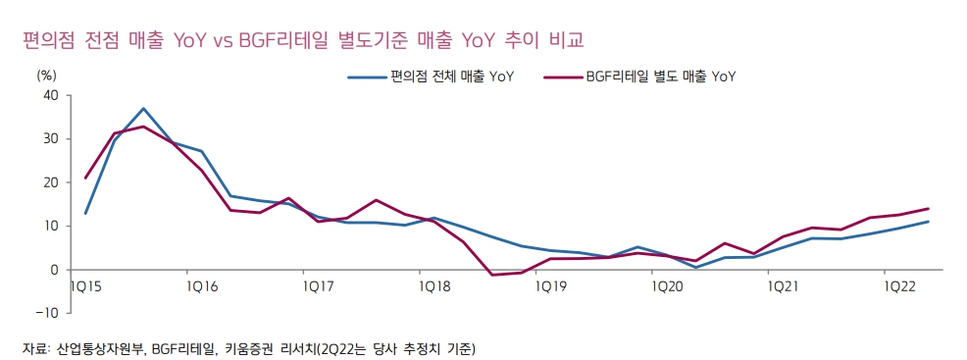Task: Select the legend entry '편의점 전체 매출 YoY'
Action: (x=452, y=76)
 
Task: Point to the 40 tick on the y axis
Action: (x=51, y=95)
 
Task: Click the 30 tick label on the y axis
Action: (x=51, y=139)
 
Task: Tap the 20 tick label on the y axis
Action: (x=51, y=182)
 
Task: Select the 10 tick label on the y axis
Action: (x=51, y=226)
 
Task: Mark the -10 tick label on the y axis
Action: (x=47, y=313)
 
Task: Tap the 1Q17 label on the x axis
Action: (x=318, y=285)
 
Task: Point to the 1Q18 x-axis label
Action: (x=434, y=285)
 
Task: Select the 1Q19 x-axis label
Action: (x=551, y=285)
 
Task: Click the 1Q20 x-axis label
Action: (x=668, y=285)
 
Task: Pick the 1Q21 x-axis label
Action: (x=784, y=285)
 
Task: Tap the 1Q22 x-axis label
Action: (x=900, y=285)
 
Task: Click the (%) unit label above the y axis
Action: (x=47, y=74)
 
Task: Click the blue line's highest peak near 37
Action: (x=143, y=108)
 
